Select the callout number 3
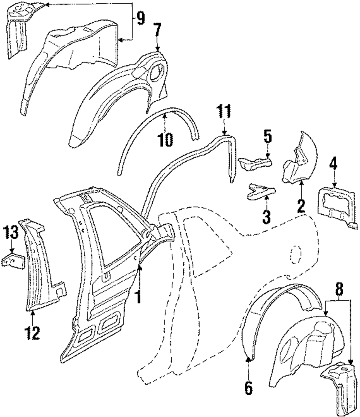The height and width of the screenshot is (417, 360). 266,217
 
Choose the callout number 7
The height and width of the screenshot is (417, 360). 157,30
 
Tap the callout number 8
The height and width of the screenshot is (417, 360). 339,289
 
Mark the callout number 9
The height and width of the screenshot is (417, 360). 140,19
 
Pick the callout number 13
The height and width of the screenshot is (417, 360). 11,232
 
